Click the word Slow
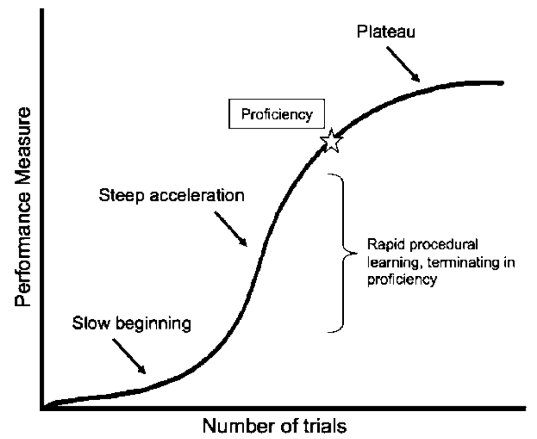coord(91,325)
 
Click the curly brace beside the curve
coord(344,252)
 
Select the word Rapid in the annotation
coord(383,244)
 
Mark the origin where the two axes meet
coord(42,409)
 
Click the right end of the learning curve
coord(501,83)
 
